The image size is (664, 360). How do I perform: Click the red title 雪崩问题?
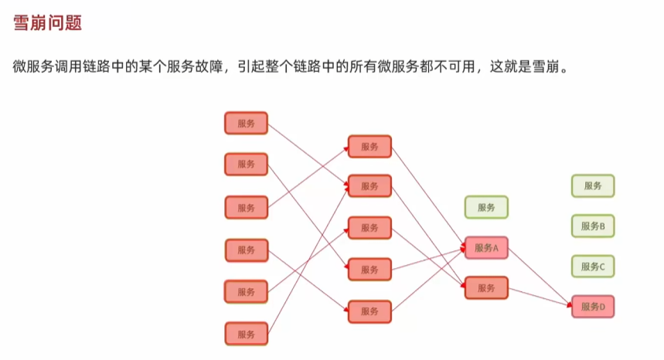point(48,23)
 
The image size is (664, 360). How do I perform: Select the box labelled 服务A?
point(486,248)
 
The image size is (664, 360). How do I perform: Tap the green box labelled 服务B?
point(593,226)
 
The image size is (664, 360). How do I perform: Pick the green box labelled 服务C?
point(593,267)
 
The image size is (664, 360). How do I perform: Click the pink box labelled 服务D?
point(593,307)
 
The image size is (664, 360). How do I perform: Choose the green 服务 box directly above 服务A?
point(486,207)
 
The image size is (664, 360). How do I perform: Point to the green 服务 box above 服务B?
point(593,185)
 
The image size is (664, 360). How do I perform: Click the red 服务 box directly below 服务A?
point(486,288)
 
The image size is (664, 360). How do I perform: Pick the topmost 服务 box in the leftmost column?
point(246,123)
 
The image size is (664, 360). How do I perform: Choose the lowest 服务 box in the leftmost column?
point(246,334)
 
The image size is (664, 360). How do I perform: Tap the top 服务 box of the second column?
point(369,147)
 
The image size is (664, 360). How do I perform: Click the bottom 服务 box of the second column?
point(369,311)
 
